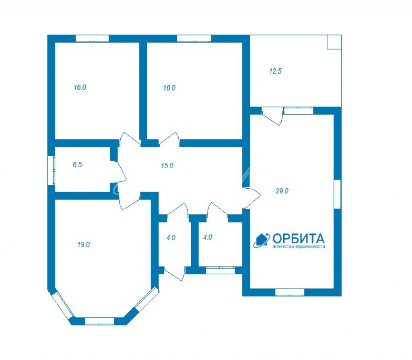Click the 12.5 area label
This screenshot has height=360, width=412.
tap(275, 71)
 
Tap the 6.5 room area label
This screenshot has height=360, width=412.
tap(77, 165)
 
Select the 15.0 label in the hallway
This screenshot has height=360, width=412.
tap(167, 166)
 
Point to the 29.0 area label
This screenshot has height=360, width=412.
tap(282, 191)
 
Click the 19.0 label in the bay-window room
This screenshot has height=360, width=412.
tap(84, 245)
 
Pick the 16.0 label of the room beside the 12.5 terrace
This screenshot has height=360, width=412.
tap(169, 88)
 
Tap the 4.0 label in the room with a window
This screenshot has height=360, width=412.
tap(208, 237)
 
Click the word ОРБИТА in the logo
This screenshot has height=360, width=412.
tap(299, 239)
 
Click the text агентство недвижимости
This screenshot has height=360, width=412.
tap(299, 247)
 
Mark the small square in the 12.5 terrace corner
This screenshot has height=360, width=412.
tap(334, 42)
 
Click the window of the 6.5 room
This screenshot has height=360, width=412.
tap(51, 171)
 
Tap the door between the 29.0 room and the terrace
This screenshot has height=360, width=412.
tap(273, 115)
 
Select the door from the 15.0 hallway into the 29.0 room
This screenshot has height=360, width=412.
tap(251, 197)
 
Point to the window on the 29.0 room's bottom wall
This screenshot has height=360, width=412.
tap(290, 292)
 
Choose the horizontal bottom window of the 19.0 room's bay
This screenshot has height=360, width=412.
tap(100, 321)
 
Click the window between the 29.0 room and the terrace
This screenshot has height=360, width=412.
tap(299, 111)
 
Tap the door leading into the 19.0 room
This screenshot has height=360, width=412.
tap(129, 201)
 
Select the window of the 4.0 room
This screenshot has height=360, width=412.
tap(220, 270)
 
